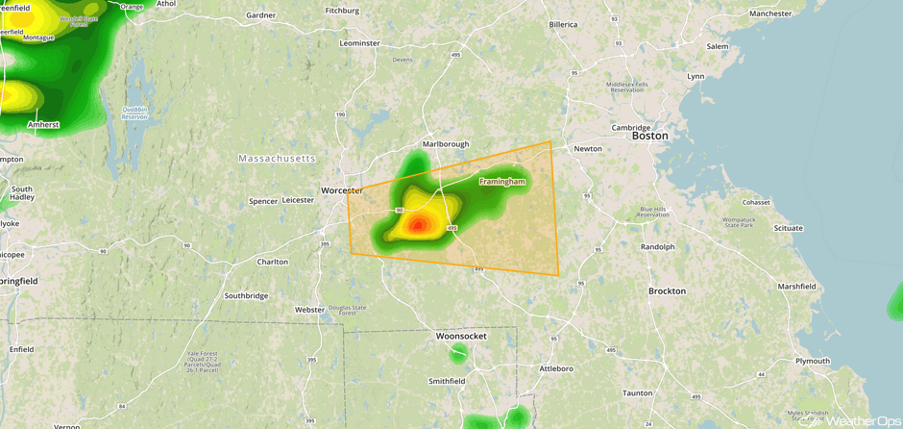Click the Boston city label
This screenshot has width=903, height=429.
click(649, 136)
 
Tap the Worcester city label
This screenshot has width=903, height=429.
click(342, 190)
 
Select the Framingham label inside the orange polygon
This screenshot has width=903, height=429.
click(502, 181)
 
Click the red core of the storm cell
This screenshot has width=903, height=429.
click(418, 225)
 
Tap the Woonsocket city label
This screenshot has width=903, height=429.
click(461, 336)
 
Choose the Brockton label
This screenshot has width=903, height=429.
click(667, 290)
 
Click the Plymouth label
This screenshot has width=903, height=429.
click(813, 361)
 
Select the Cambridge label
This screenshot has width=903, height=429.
click(632, 127)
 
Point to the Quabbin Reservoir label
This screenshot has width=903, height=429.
click(139, 112)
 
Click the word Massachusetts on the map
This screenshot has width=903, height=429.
click(277, 158)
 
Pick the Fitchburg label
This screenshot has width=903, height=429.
click(342, 11)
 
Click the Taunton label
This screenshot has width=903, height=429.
click(637, 392)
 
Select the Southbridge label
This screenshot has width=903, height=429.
click(246, 295)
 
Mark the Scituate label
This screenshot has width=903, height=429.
click(781, 228)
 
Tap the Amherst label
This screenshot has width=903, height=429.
click(43, 124)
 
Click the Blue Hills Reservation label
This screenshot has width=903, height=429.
click(652, 212)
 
